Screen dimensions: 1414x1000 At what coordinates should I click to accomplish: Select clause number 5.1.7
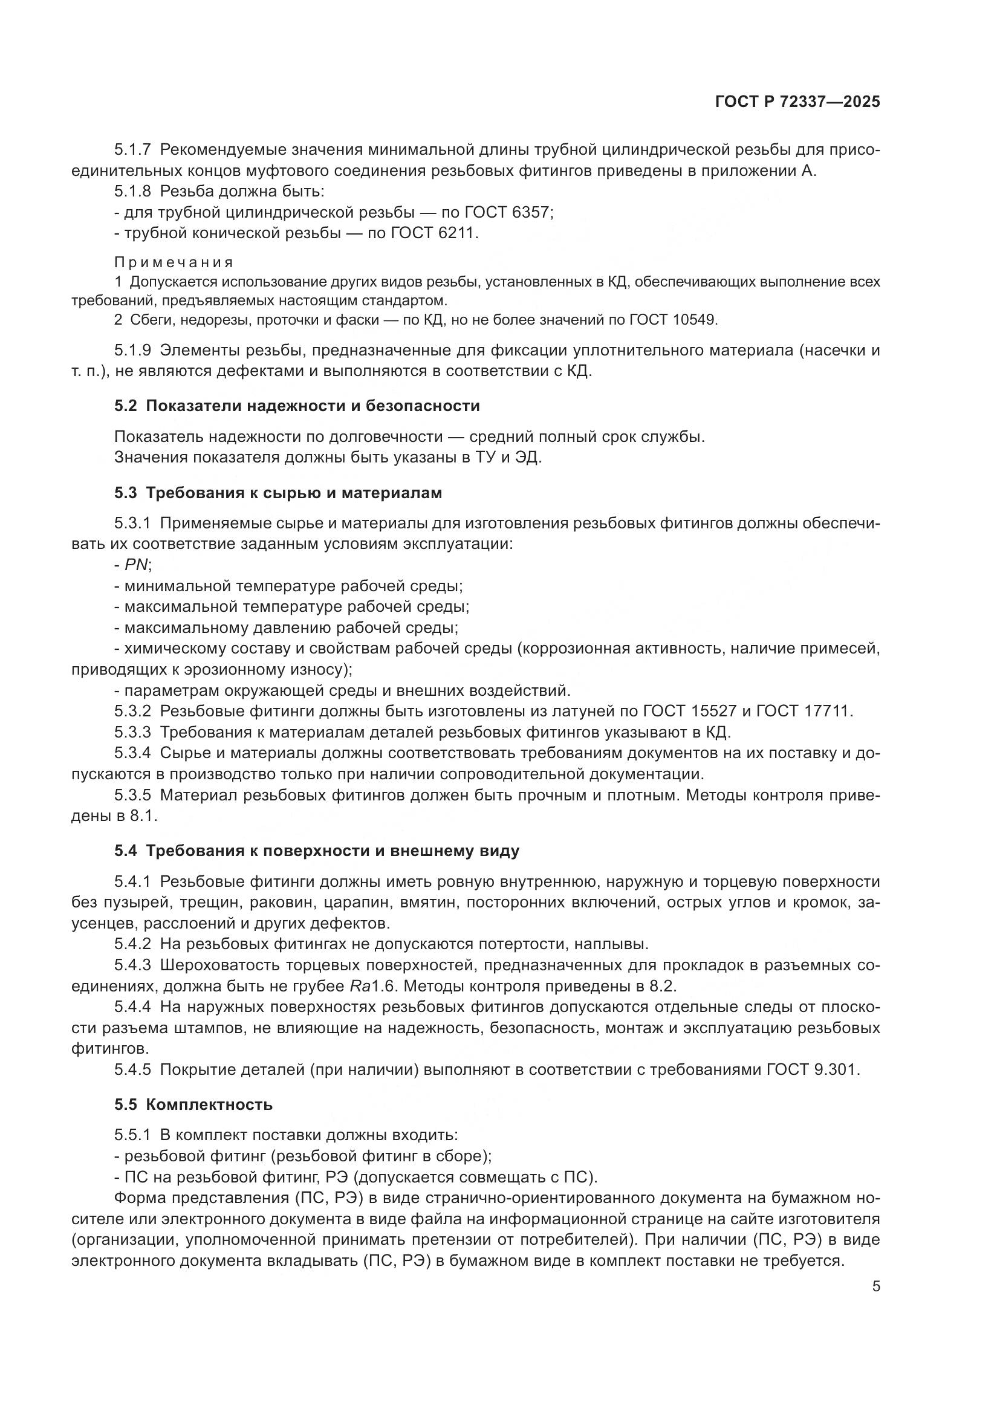pyautogui.click(x=132, y=151)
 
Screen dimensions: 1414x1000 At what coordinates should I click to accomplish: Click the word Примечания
pyautogui.click(x=174, y=263)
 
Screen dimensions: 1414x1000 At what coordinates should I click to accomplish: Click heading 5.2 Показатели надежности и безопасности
pyautogui.click(x=297, y=406)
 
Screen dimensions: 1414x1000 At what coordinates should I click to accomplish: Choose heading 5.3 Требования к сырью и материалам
pyautogui.click(x=278, y=493)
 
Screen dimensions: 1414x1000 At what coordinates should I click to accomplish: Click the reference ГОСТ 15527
pyautogui.click(x=689, y=712)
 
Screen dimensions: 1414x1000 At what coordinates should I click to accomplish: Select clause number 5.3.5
pyautogui.click(x=132, y=795)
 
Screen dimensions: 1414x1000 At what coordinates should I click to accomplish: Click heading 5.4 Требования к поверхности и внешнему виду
pyautogui.click(x=316, y=851)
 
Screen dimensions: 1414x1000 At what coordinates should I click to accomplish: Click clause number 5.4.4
pyautogui.click(x=132, y=1007)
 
